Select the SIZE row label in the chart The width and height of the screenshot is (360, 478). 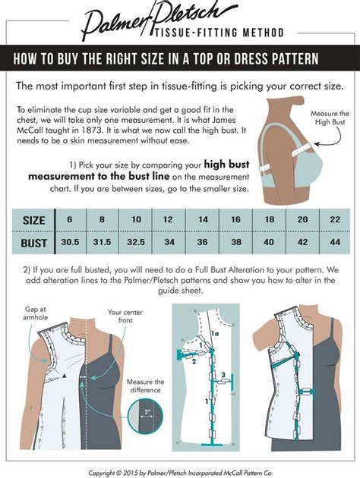[33, 221]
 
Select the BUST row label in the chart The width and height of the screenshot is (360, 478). [33, 244]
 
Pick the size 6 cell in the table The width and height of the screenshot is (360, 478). [70, 220]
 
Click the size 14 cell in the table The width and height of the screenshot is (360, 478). [203, 220]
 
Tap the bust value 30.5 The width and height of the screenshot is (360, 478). [70, 244]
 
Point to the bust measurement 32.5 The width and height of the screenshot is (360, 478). [136, 244]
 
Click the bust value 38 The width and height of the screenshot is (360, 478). [236, 244]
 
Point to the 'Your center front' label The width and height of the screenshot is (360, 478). [125, 316]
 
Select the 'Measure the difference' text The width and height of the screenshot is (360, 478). [145, 386]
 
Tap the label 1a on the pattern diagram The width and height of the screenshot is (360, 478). [215, 333]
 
